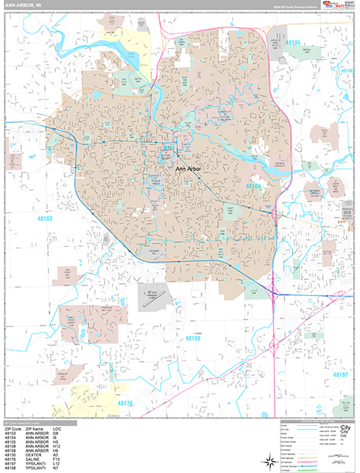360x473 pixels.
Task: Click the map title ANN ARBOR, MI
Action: (24, 7)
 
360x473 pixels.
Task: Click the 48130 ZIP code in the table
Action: (11, 443)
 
